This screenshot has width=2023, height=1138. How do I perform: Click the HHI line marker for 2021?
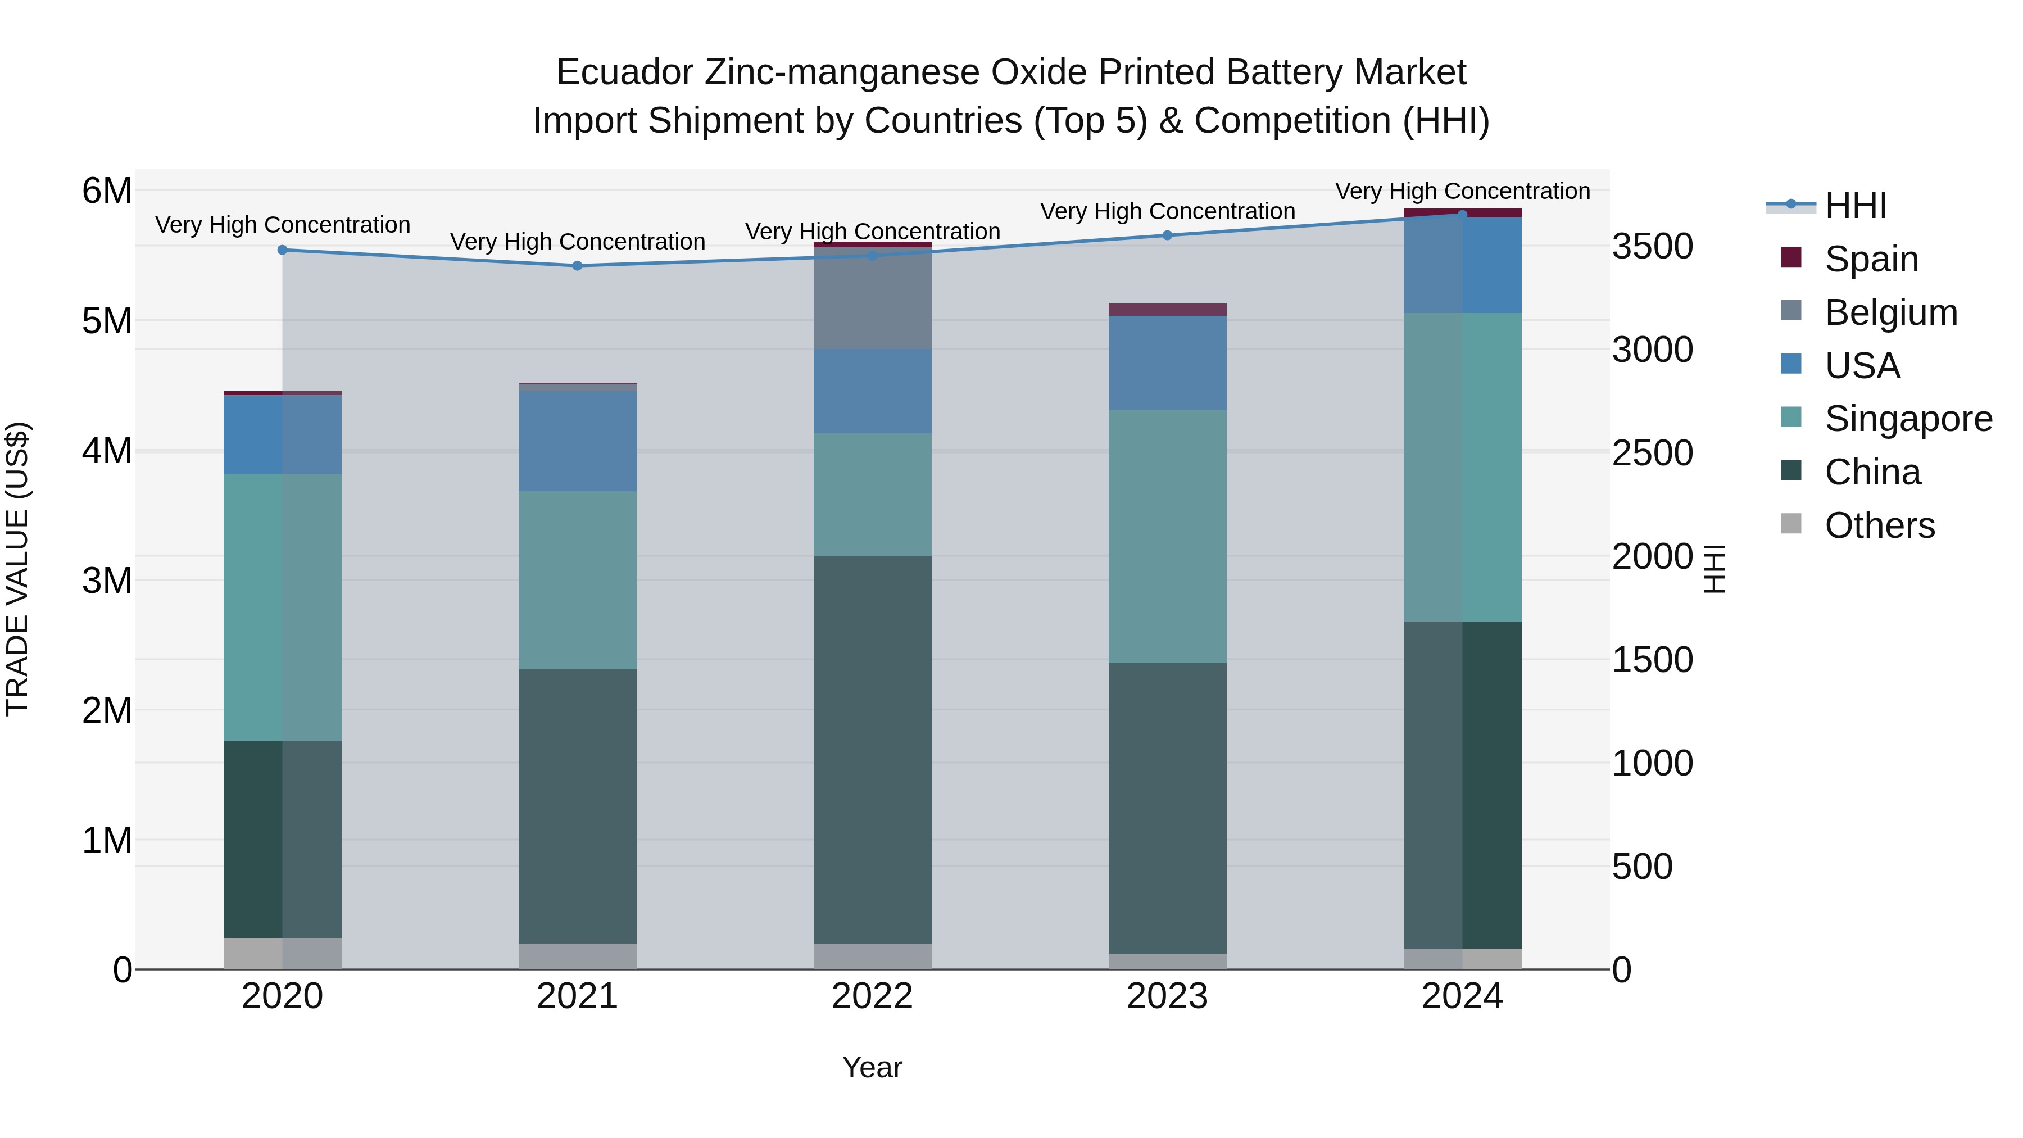[577, 265]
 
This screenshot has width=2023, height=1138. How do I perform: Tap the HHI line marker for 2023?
[1167, 235]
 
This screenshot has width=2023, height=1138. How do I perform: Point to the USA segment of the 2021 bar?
[577, 441]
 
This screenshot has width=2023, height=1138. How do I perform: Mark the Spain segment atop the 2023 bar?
[1167, 310]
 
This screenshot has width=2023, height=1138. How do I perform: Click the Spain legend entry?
[1871, 259]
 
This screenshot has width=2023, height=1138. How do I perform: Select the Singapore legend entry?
[1908, 419]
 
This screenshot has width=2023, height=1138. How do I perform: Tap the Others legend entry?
[1879, 525]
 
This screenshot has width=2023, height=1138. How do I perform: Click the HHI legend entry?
[1855, 206]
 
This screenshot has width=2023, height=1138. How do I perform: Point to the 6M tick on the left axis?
[107, 191]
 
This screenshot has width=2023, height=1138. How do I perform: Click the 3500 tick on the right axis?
[1652, 246]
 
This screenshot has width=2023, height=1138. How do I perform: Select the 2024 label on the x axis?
[1462, 996]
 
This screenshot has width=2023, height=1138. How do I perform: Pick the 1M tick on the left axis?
[107, 840]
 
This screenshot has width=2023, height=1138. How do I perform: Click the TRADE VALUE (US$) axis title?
[18, 569]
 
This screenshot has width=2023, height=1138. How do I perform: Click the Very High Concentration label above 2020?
[283, 225]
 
